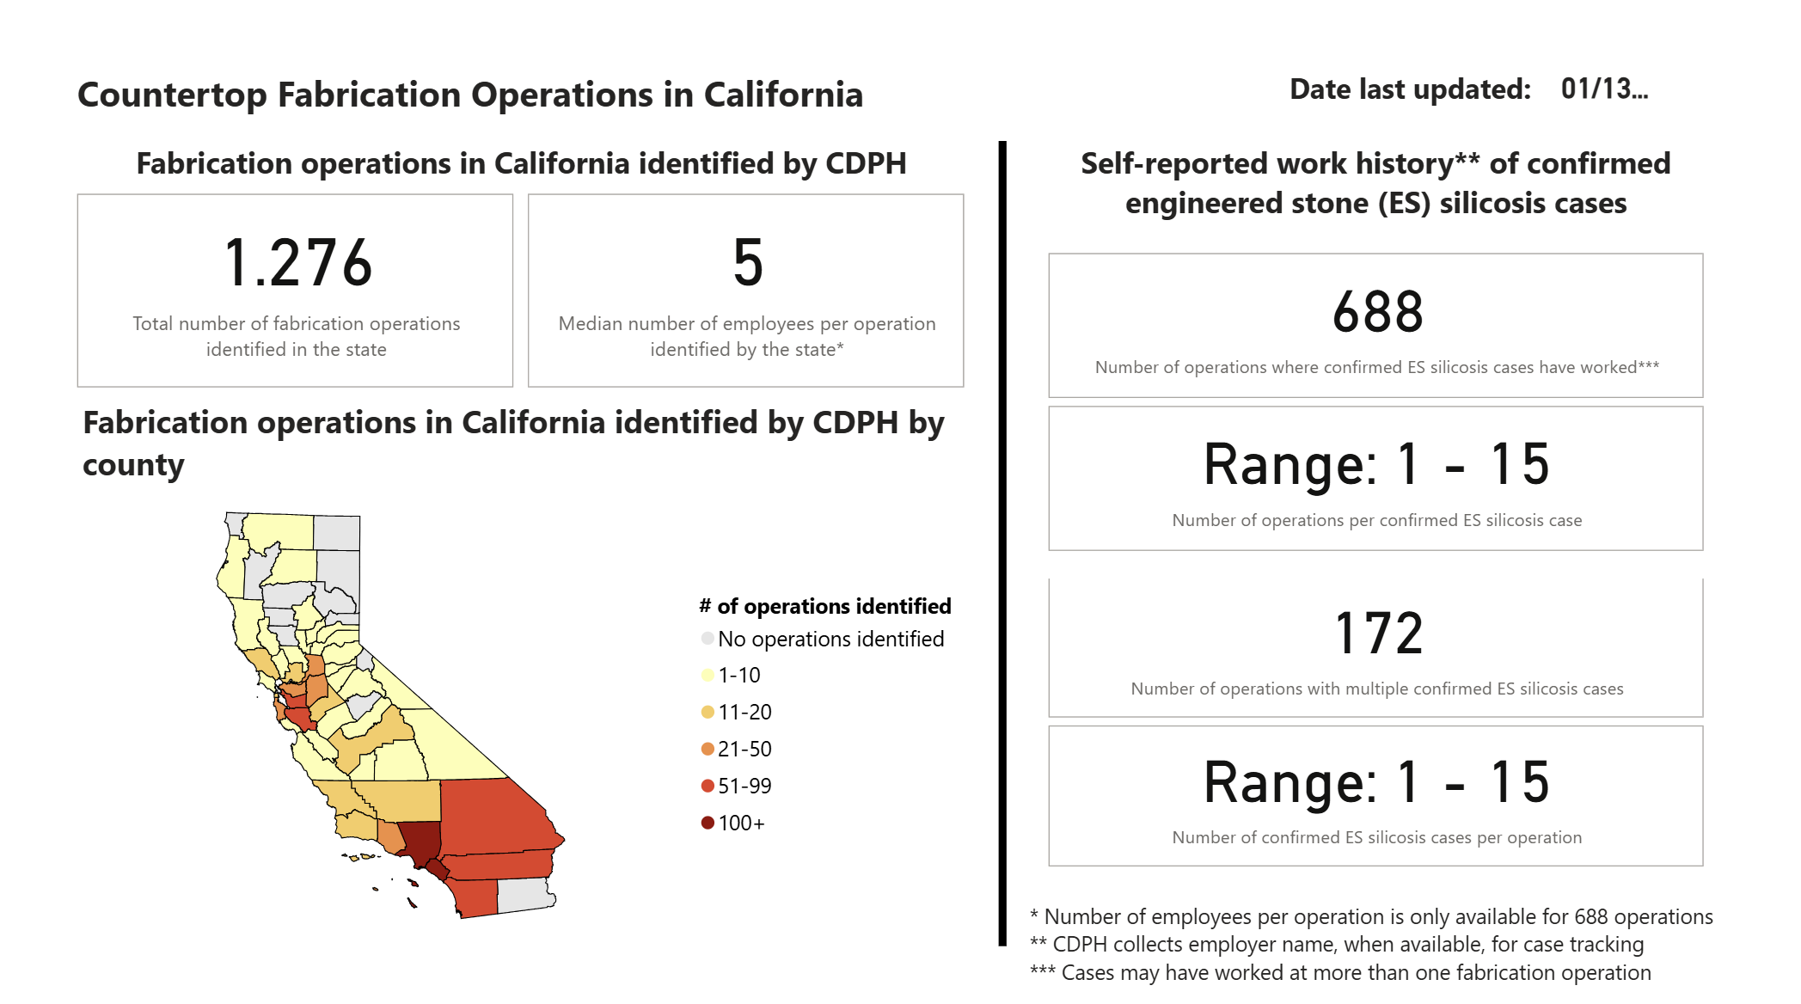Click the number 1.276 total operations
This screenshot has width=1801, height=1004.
pos(297,263)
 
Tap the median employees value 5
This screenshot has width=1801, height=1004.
pos(748,263)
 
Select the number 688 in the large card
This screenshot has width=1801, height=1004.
pos(1377,312)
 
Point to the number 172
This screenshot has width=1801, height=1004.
pos(1378,634)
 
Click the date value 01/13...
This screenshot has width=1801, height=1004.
pos(1603,89)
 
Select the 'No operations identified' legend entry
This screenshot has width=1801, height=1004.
pos(830,639)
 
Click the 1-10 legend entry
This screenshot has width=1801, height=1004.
pos(738,676)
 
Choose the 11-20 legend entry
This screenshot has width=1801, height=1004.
pos(744,713)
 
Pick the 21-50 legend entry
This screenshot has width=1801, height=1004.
pos(744,750)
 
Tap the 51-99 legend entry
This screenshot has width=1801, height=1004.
pos(744,787)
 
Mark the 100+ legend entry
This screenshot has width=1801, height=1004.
pos(740,823)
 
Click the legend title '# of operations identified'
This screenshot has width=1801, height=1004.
pos(825,606)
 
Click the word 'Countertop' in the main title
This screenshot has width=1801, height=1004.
pos(172,95)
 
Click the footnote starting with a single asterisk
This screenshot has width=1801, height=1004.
pos(1371,917)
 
